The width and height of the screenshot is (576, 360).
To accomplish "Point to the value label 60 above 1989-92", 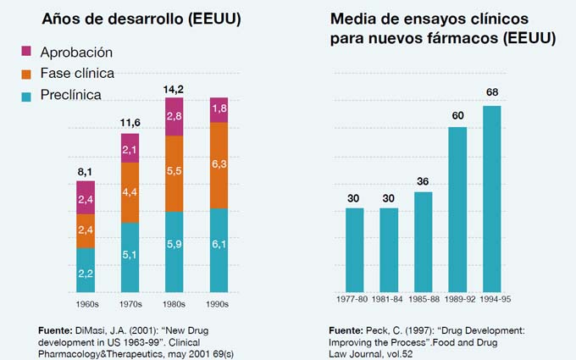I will [457, 114].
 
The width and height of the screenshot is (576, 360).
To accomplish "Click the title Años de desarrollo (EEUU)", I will [128, 19].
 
